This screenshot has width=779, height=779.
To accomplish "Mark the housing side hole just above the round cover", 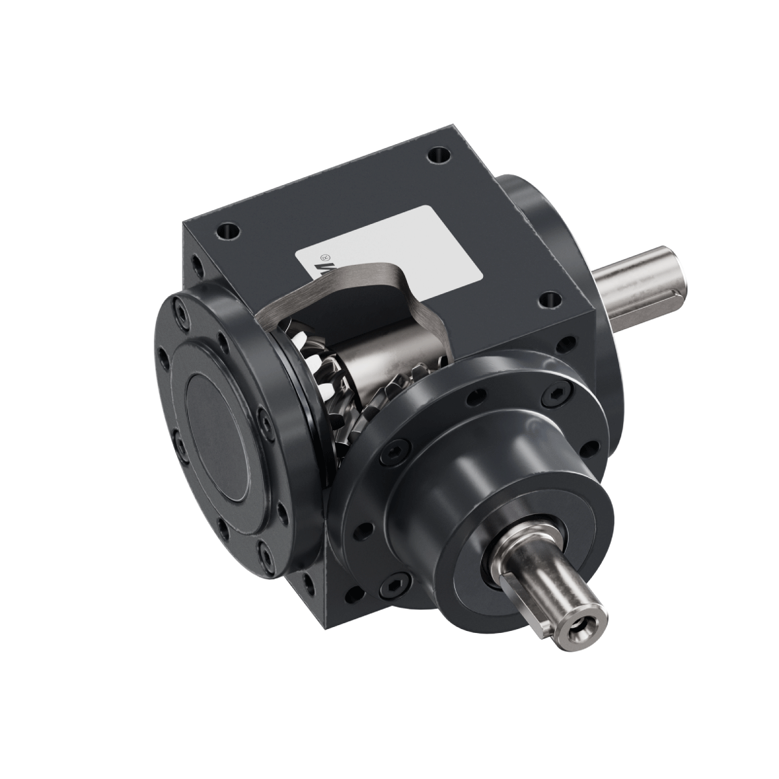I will tap(195, 266).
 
